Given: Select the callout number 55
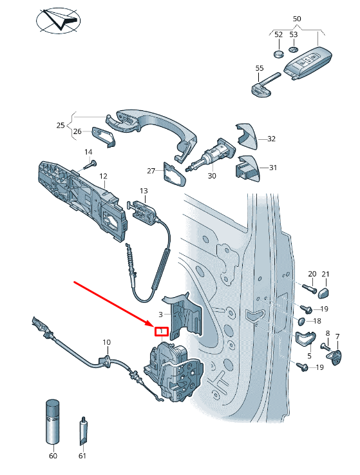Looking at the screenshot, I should tap(259, 68).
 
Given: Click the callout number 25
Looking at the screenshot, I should tap(61, 125).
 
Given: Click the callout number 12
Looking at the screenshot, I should tap(103, 176).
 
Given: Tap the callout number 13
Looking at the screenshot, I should tap(144, 191).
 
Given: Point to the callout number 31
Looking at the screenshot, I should tap(273, 168).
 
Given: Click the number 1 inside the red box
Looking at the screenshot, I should tap(161, 332).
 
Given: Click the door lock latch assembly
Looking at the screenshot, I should tap(178, 374).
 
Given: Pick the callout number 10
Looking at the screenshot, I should tap(107, 342).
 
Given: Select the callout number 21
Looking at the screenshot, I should tap(325, 274).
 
